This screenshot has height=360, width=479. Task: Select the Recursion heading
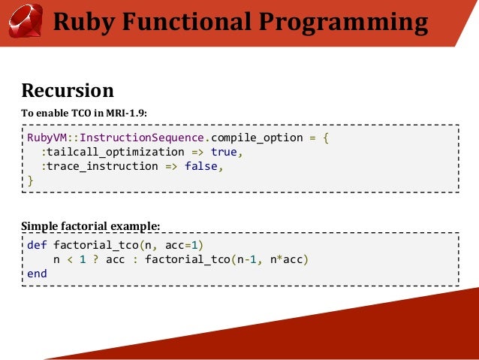[68, 91]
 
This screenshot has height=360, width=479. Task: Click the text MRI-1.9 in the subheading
[125, 113]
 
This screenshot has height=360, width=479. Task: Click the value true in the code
[223, 153]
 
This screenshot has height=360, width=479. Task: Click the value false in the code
[200, 167]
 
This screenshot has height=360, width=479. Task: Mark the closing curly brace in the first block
[30, 180]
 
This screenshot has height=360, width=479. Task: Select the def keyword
[36, 245]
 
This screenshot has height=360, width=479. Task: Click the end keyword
[36, 274]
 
